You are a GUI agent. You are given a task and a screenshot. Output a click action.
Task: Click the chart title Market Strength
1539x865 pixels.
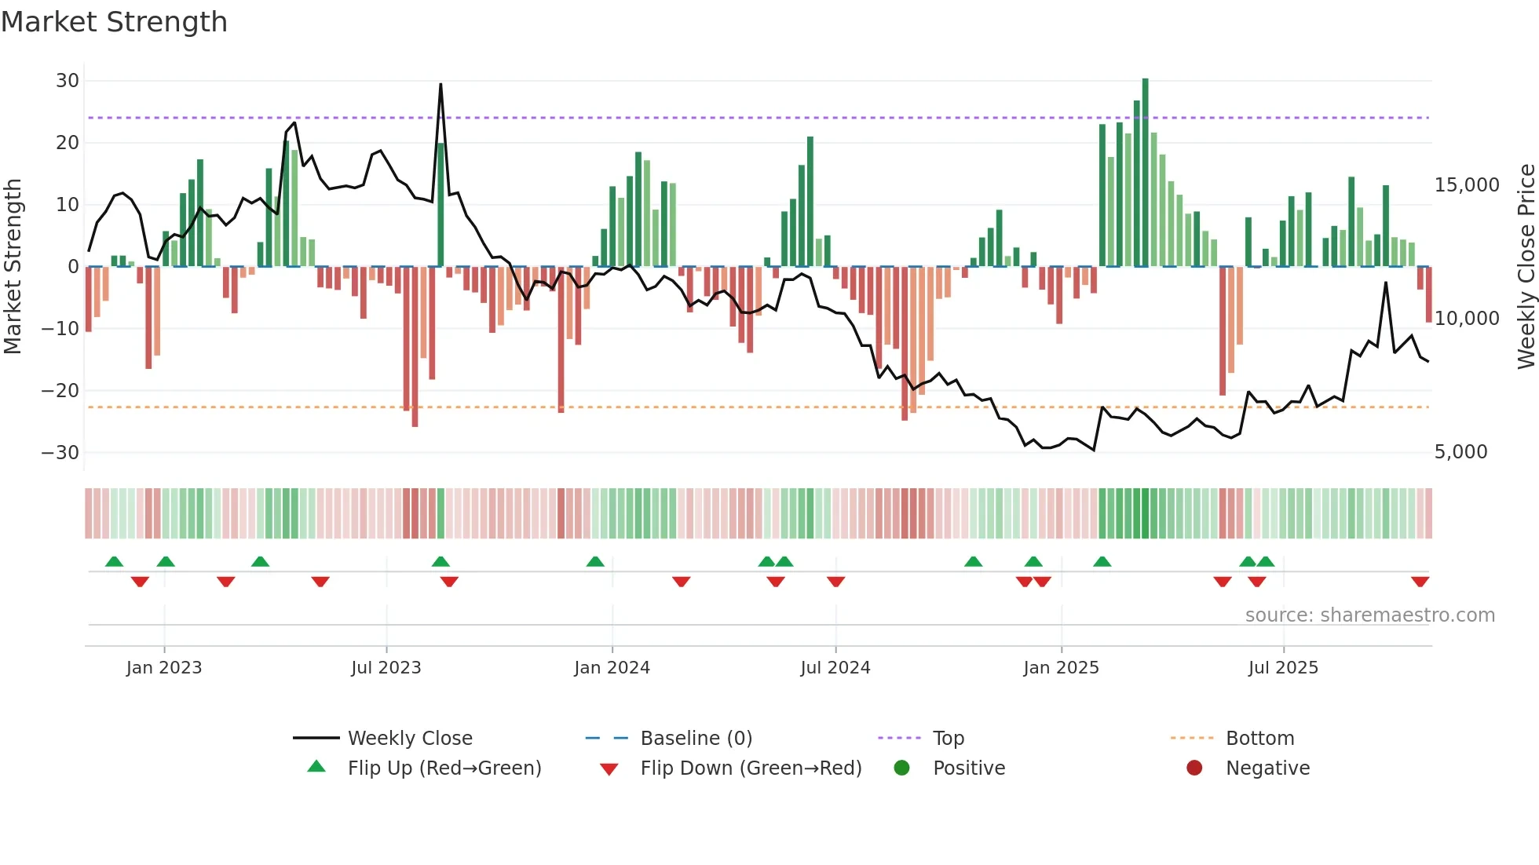pyautogui.click(x=114, y=22)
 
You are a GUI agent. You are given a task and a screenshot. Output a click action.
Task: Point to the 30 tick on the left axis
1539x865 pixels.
pyautogui.click(x=68, y=81)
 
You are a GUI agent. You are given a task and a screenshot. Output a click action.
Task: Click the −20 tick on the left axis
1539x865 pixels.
pyautogui.click(x=60, y=391)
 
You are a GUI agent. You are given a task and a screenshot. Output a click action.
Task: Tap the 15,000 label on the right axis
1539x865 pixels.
pyautogui.click(x=1466, y=185)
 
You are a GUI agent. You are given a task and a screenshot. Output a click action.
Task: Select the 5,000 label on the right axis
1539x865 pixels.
pyautogui.click(x=1460, y=452)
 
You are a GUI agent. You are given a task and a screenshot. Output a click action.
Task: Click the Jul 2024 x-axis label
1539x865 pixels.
pyautogui.click(x=835, y=668)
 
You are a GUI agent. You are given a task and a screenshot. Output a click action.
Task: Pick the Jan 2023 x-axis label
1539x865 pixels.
pyautogui.click(x=163, y=668)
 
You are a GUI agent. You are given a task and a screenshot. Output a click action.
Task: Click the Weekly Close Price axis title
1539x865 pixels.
pyautogui.click(x=1526, y=267)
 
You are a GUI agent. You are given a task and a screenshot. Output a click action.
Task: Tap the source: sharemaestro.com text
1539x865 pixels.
pyautogui.click(x=1369, y=615)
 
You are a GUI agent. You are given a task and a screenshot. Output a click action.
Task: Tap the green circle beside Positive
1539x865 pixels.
pyautogui.click(x=901, y=768)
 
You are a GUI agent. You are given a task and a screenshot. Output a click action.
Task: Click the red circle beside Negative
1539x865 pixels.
pyautogui.click(x=1194, y=768)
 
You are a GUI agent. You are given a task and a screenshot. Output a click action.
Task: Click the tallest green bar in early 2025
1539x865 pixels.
pyautogui.click(x=1145, y=173)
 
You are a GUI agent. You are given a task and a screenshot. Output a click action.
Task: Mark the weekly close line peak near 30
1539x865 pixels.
pyautogui.click(x=440, y=85)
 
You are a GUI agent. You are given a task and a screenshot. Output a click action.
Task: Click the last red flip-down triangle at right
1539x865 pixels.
pyautogui.click(x=1420, y=582)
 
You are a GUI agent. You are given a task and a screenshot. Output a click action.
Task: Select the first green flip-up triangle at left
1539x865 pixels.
pyautogui.click(x=114, y=561)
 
